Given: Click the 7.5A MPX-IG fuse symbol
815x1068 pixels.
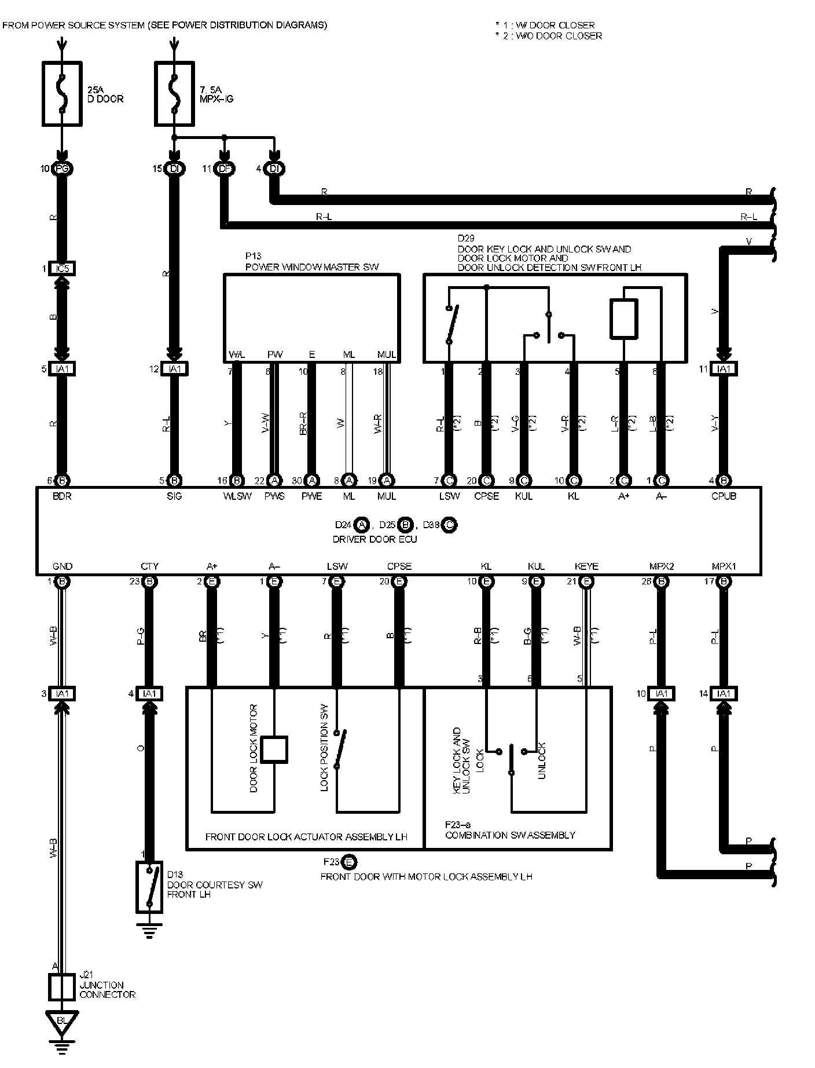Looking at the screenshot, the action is (x=174, y=93).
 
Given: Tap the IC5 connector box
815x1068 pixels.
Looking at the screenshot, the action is (x=63, y=269).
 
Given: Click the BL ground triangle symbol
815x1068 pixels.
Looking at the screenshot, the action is (x=61, y=1021).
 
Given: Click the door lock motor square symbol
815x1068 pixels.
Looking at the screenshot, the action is (x=274, y=749).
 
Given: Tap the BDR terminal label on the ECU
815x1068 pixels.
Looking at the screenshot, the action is (x=62, y=496).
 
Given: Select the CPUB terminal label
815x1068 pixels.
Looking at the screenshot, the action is (x=724, y=496).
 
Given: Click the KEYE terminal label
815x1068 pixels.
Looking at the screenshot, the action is (x=586, y=566).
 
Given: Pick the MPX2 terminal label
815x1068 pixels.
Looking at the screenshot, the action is (x=661, y=566).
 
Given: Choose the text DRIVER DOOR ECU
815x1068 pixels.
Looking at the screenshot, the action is (x=375, y=539).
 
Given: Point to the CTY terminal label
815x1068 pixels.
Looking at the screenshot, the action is (x=149, y=566).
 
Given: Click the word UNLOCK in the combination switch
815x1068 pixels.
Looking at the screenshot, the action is (x=542, y=760).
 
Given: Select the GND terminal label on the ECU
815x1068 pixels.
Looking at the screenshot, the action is (x=62, y=566).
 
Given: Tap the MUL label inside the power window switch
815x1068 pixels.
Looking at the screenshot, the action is (x=386, y=354).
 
